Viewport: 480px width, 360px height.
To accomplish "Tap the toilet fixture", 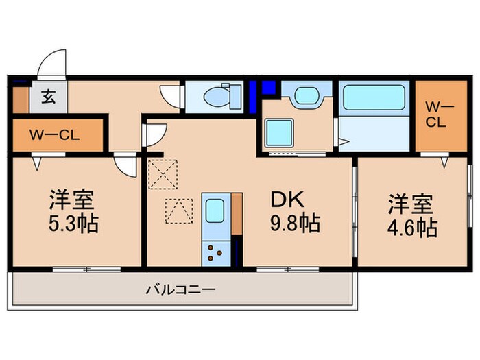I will (x=218, y=96).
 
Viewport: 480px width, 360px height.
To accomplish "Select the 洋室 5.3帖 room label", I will (x=73, y=213).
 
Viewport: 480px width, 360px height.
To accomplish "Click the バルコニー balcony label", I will (x=180, y=290).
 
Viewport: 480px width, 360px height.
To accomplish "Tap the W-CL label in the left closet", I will (x=55, y=134).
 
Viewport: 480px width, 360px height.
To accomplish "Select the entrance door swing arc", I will (x=51, y=63).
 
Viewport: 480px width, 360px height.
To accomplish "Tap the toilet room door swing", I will (x=168, y=95).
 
